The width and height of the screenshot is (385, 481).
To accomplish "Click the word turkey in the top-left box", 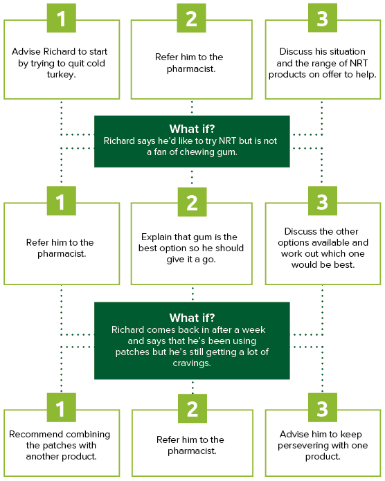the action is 61,75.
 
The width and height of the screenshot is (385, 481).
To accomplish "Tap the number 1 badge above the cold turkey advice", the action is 62,18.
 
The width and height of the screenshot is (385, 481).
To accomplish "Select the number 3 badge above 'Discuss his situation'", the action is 323,18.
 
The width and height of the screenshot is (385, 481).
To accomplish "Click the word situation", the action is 346,51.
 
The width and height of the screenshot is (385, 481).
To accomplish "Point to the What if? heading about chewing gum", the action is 192,129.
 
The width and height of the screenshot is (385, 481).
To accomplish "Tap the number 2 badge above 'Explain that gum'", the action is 192,202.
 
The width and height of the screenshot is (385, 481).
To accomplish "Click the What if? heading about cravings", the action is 192,318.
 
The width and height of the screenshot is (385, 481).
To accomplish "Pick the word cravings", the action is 192,363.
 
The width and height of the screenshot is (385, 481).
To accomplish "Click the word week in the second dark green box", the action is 253,329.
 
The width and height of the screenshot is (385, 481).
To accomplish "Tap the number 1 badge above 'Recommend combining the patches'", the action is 62,408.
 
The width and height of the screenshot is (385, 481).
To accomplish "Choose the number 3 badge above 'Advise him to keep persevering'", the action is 323,408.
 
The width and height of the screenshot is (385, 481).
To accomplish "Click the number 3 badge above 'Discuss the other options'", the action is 323,201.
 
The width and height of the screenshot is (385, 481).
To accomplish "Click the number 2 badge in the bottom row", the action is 192,408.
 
